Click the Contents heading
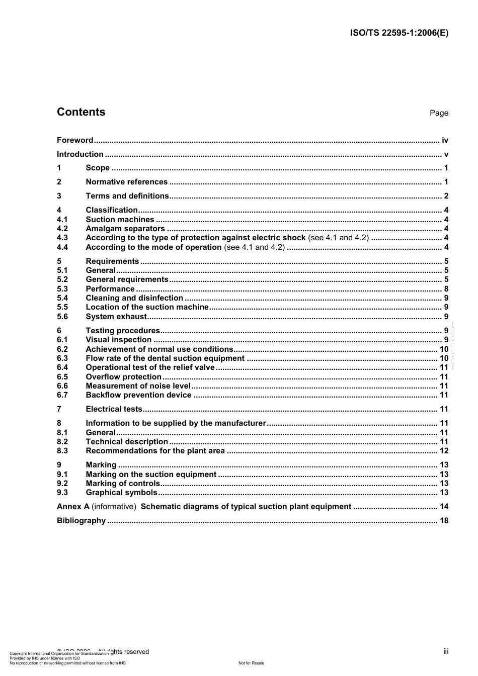pyautogui.click(x=81, y=112)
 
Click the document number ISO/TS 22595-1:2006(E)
pyautogui.click(x=399, y=33)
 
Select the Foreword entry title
pyautogui.click(x=75, y=140)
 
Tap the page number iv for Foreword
pyautogui.click(x=445, y=140)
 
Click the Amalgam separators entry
pyautogui.click(x=125, y=229)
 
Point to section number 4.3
pyautogui.click(x=62, y=238)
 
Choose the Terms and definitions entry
pyautogui.click(x=127, y=196)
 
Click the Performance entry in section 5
pyautogui.click(x=110, y=289)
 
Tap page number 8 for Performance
pyautogui.click(x=446, y=289)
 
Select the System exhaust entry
pyautogui.click(x=116, y=317)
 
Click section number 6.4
pyautogui.click(x=62, y=367)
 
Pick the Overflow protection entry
pyautogui.click(x=124, y=377)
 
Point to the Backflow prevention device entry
pyautogui.click(x=138, y=395)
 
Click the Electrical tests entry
pyautogui.click(x=114, y=409)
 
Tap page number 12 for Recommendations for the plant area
pyautogui.click(x=444, y=451)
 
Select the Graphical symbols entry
pyautogui.click(x=122, y=493)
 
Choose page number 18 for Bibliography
pyautogui.click(x=444, y=521)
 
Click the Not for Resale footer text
pyautogui.click(x=251, y=663)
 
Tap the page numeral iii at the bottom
pyautogui.click(x=446, y=651)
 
